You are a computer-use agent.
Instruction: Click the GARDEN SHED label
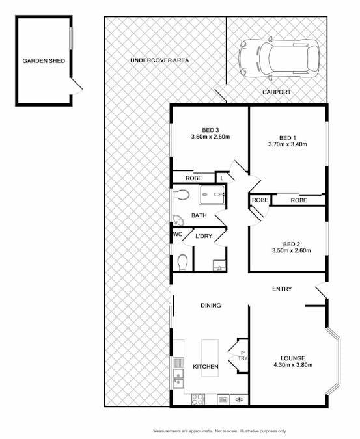click(44, 61)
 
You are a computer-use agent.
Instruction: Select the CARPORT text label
click(276, 92)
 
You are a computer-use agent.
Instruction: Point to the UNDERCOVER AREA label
click(159, 60)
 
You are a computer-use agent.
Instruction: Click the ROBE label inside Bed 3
click(193, 178)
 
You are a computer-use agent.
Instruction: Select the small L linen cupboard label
click(222, 178)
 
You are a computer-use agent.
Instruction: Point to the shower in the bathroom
click(212, 194)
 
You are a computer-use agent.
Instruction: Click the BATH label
click(199, 215)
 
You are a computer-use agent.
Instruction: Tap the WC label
click(177, 234)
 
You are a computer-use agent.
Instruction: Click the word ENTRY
click(281, 289)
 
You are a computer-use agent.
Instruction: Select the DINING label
click(210, 305)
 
